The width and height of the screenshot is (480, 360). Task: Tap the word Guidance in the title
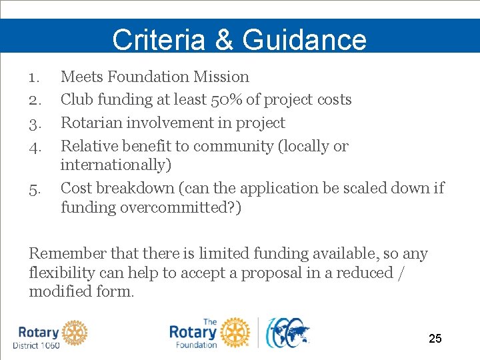pyautogui.click(x=305, y=39)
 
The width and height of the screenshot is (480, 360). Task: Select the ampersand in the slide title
pyautogui.click(x=223, y=39)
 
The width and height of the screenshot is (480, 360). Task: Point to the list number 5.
pyautogui.click(x=35, y=189)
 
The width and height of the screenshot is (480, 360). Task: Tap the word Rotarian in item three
pyautogui.click(x=91, y=123)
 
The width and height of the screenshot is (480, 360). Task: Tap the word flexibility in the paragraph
pyautogui.click(x=61, y=273)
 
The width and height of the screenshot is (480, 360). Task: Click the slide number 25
pyautogui.click(x=435, y=339)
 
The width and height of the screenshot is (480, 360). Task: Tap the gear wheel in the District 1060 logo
pyautogui.click(x=75, y=331)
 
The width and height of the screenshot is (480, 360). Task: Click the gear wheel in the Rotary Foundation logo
pyautogui.click(x=235, y=332)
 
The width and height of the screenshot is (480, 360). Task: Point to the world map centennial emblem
pyautogui.click(x=287, y=333)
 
